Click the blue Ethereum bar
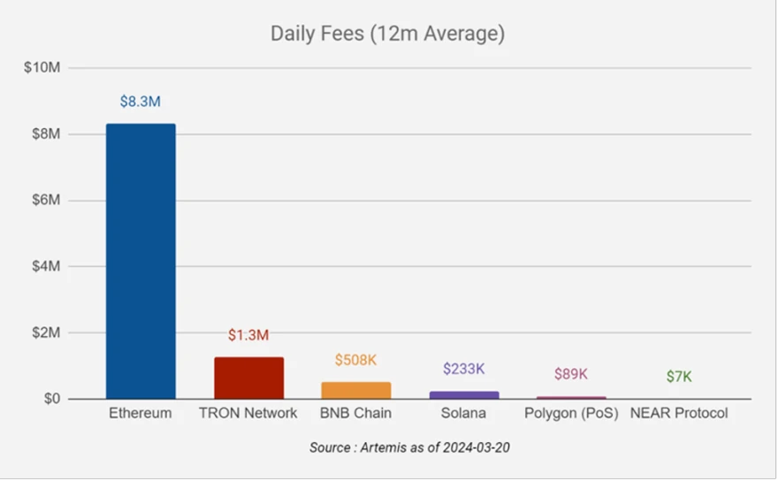pyautogui.click(x=141, y=261)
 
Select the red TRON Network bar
pyautogui.click(x=248, y=378)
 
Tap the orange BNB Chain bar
pyautogui.click(x=356, y=390)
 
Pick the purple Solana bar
pyautogui.click(x=464, y=394)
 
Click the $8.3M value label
pyautogui.click(x=141, y=102)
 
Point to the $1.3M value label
pyautogui.click(x=248, y=335)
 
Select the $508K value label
pyautogui.click(x=356, y=360)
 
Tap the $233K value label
pyautogui.click(x=464, y=369)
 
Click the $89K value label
pyautogui.click(x=571, y=374)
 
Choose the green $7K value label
pyautogui.click(x=679, y=377)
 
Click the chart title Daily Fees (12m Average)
pyautogui.click(x=387, y=34)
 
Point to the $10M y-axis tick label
pyautogui.click(x=41, y=68)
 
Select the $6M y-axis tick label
pyautogui.click(x=43, y=201)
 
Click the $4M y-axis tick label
pyautogui.click(x=43, y=267)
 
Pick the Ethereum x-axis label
pyautogui.click(x=141, y=414)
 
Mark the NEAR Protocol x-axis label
pyautogui.click(x=679, y=414)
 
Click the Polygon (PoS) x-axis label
pyautogui.click(x=571, y=414)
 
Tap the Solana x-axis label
pyautogui.click(x=464, y=414)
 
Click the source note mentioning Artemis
pyautogui.click(x=409, y=448)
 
